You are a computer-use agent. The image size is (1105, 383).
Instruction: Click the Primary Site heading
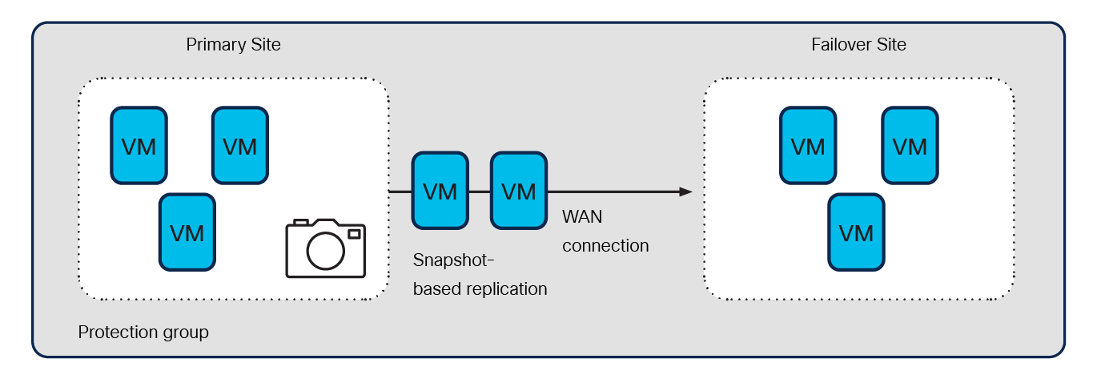click(x=233, y=45)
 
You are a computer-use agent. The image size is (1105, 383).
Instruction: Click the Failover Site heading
click(x=858, y=45)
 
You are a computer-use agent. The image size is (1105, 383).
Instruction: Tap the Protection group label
click(x=143, y=332)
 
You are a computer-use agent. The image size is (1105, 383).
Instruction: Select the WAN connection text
click(x=605, y=231)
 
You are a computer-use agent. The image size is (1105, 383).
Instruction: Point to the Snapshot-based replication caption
click(x=480, y=274)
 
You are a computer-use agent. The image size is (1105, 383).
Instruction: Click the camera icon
click(x=325, y=248)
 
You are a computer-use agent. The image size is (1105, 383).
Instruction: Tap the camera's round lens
click(x=325, y=252)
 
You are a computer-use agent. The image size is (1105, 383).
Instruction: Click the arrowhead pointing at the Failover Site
click(x=685, y=192)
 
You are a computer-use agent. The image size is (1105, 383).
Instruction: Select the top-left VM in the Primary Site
click(x=139, y=145)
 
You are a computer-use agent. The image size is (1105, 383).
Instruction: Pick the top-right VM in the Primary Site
click(x=239, y=145)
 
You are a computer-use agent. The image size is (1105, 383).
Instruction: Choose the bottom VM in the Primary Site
click(x=187, y=232)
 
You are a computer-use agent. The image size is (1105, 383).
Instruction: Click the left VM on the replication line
click(x=440, y=191)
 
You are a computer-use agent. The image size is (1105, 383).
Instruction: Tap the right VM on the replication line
click(x=519, y=191)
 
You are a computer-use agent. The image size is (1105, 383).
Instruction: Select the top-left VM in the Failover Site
click(x=808, y=145)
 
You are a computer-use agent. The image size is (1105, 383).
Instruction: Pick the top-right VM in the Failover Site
click(x=910, y=145)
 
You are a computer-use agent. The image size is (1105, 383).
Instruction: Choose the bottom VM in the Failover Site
click(x=857, y=232)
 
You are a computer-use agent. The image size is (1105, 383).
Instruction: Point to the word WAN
click(x=582, y=216)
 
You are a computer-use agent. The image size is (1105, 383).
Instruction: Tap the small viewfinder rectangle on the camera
click(x=354, y=234)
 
